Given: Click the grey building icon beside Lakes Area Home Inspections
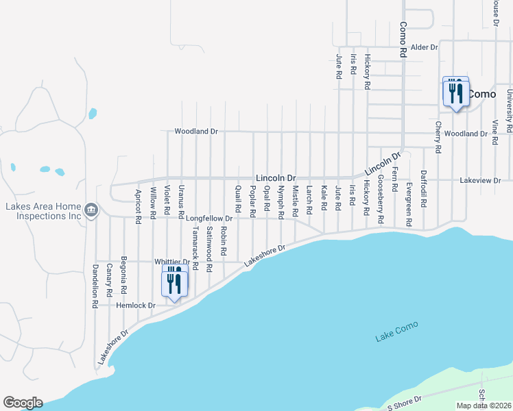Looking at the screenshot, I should pos(91,210).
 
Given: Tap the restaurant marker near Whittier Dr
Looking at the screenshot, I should pos(174,282).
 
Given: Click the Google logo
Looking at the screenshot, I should pos(23,403).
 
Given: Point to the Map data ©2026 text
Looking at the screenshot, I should pos(484,406).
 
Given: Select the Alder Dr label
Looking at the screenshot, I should pos(424,47).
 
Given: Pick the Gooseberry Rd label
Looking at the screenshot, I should pos(381,200).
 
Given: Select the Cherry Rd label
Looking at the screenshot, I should pos(438,136).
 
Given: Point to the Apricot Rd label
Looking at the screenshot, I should pos(139,206).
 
